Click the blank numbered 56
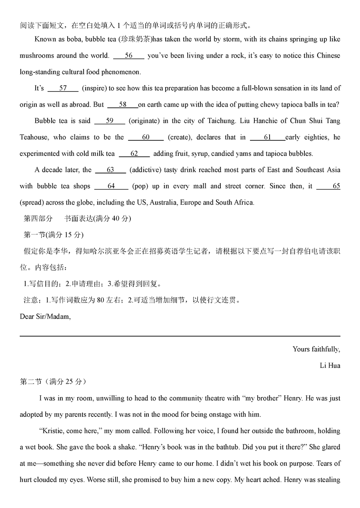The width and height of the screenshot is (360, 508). pyautogui.click(x=128, y=56)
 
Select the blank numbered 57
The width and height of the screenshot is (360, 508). pyautogui.click(x=63, y=88)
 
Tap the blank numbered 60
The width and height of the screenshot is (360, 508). pyautogui.click(x=146, y=137)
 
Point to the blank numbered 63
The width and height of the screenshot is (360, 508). pyautogui.click(x=110, y=170)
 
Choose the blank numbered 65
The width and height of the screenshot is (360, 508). pyautogui.click(x=328, y=186)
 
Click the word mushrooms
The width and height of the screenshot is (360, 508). pyautogui.click(x=36, y=56)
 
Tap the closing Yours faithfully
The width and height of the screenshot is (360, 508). pyautogui.click(x=316, y=349)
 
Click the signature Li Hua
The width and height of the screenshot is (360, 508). pyautogui.click(x=330, y=366)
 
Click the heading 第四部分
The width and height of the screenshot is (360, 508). pyautogui.click(x=38, y=219)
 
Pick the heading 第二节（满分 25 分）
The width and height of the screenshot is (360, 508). pyautogui.click(x=53, y=382)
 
